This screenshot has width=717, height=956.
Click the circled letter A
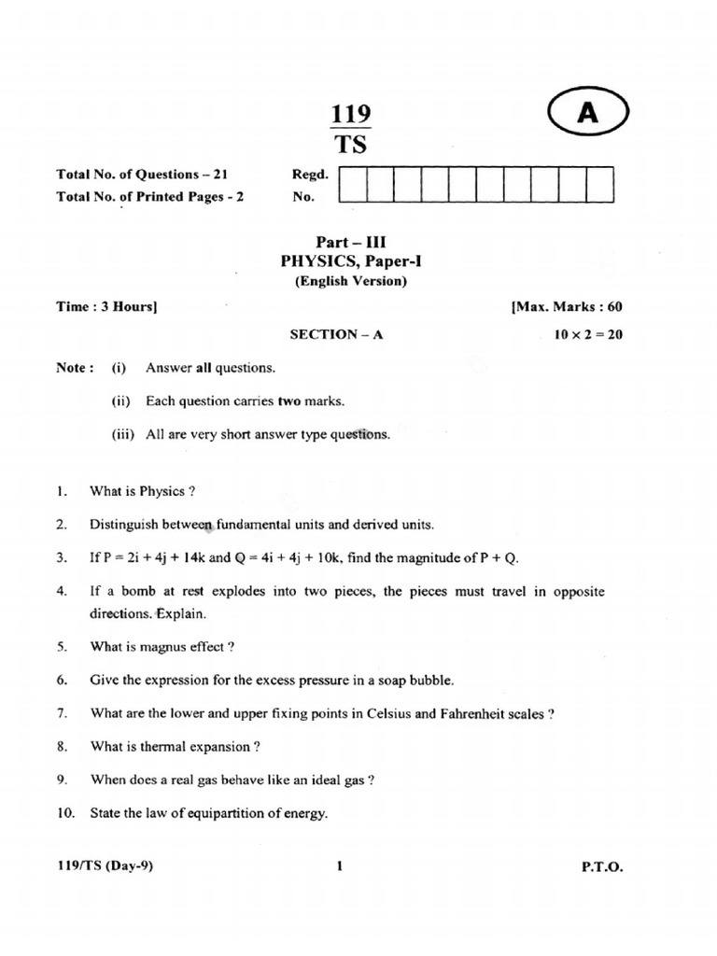click(587, 113)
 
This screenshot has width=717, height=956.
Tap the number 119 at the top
click(351, 114)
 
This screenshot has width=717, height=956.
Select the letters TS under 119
click(351, 145)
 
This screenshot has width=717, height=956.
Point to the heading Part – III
click(351, 241)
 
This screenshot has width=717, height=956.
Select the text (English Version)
click(351, 280)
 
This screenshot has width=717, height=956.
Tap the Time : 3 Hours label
click(105, 306)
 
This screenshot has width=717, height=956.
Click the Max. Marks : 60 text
click(567, 306)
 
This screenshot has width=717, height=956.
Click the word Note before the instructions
click(73, 368)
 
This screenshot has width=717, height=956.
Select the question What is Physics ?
click(142, 490)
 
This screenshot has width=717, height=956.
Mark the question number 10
click(64, 813)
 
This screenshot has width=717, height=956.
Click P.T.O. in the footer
click(601, 866)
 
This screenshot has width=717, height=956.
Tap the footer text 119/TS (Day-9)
click(105, 865)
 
